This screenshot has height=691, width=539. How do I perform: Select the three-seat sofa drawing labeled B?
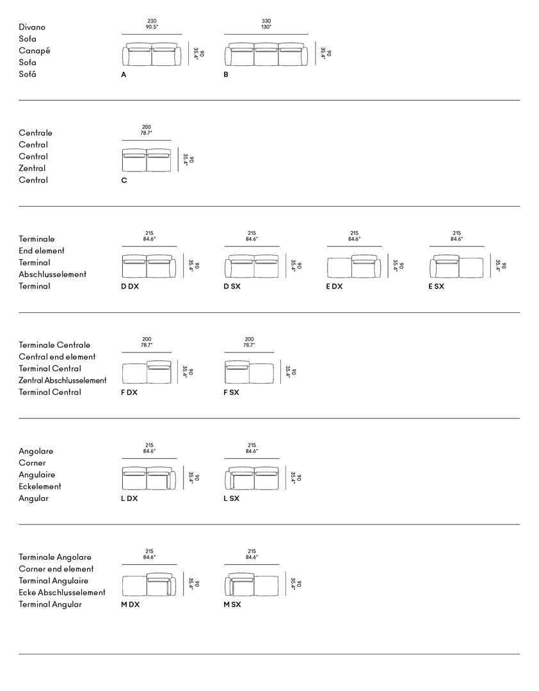pos(266,55)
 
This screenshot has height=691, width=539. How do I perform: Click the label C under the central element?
pos(124,180)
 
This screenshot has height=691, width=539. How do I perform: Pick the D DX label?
pos(130,287)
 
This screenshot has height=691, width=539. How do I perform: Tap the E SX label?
pos(437,287)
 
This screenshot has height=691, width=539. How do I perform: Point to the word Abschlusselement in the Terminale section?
pos(52,274)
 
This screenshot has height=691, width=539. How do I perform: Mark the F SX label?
pos(231,392)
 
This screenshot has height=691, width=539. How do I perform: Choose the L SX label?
pos(231,498)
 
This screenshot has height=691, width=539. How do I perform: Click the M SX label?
pos(232,605)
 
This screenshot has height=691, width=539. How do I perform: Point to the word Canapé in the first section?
pos(35,51)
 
